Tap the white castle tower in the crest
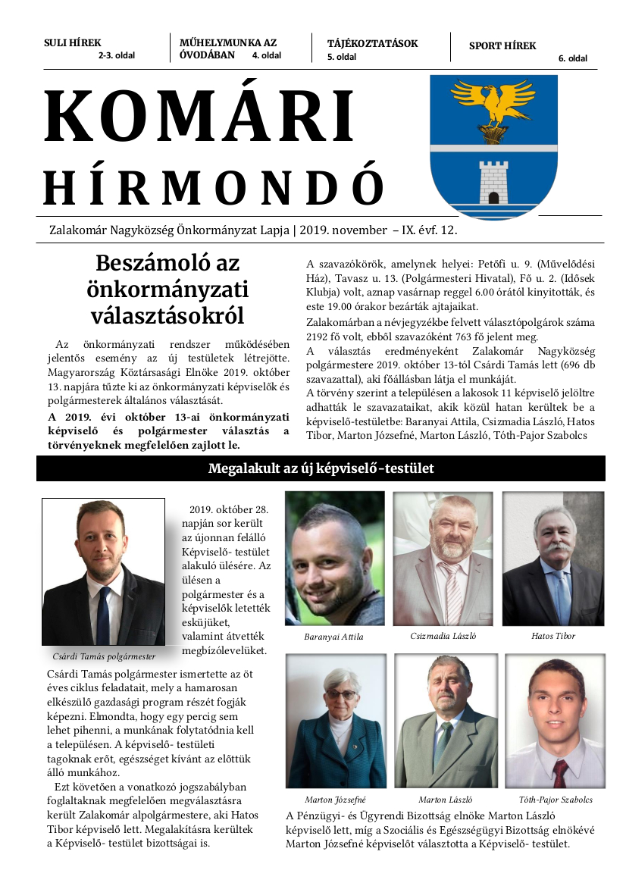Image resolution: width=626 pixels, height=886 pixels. coord(493,183)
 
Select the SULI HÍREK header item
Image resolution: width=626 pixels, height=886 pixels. coord(73,43)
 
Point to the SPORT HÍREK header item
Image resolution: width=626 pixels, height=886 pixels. coord(502,45)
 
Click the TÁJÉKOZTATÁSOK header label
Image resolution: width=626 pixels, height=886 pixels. coord(372,43)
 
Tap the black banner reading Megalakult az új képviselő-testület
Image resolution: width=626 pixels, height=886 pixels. coord(321,468)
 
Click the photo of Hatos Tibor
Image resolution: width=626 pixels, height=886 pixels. coord(553,558)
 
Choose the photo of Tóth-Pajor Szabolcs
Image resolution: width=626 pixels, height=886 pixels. coord(556,720)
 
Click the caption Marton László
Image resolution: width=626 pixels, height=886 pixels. coord(445,800)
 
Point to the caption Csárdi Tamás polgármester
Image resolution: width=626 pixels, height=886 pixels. coord(104,657)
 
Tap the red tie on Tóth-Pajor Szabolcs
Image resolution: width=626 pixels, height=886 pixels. coord(559,772)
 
